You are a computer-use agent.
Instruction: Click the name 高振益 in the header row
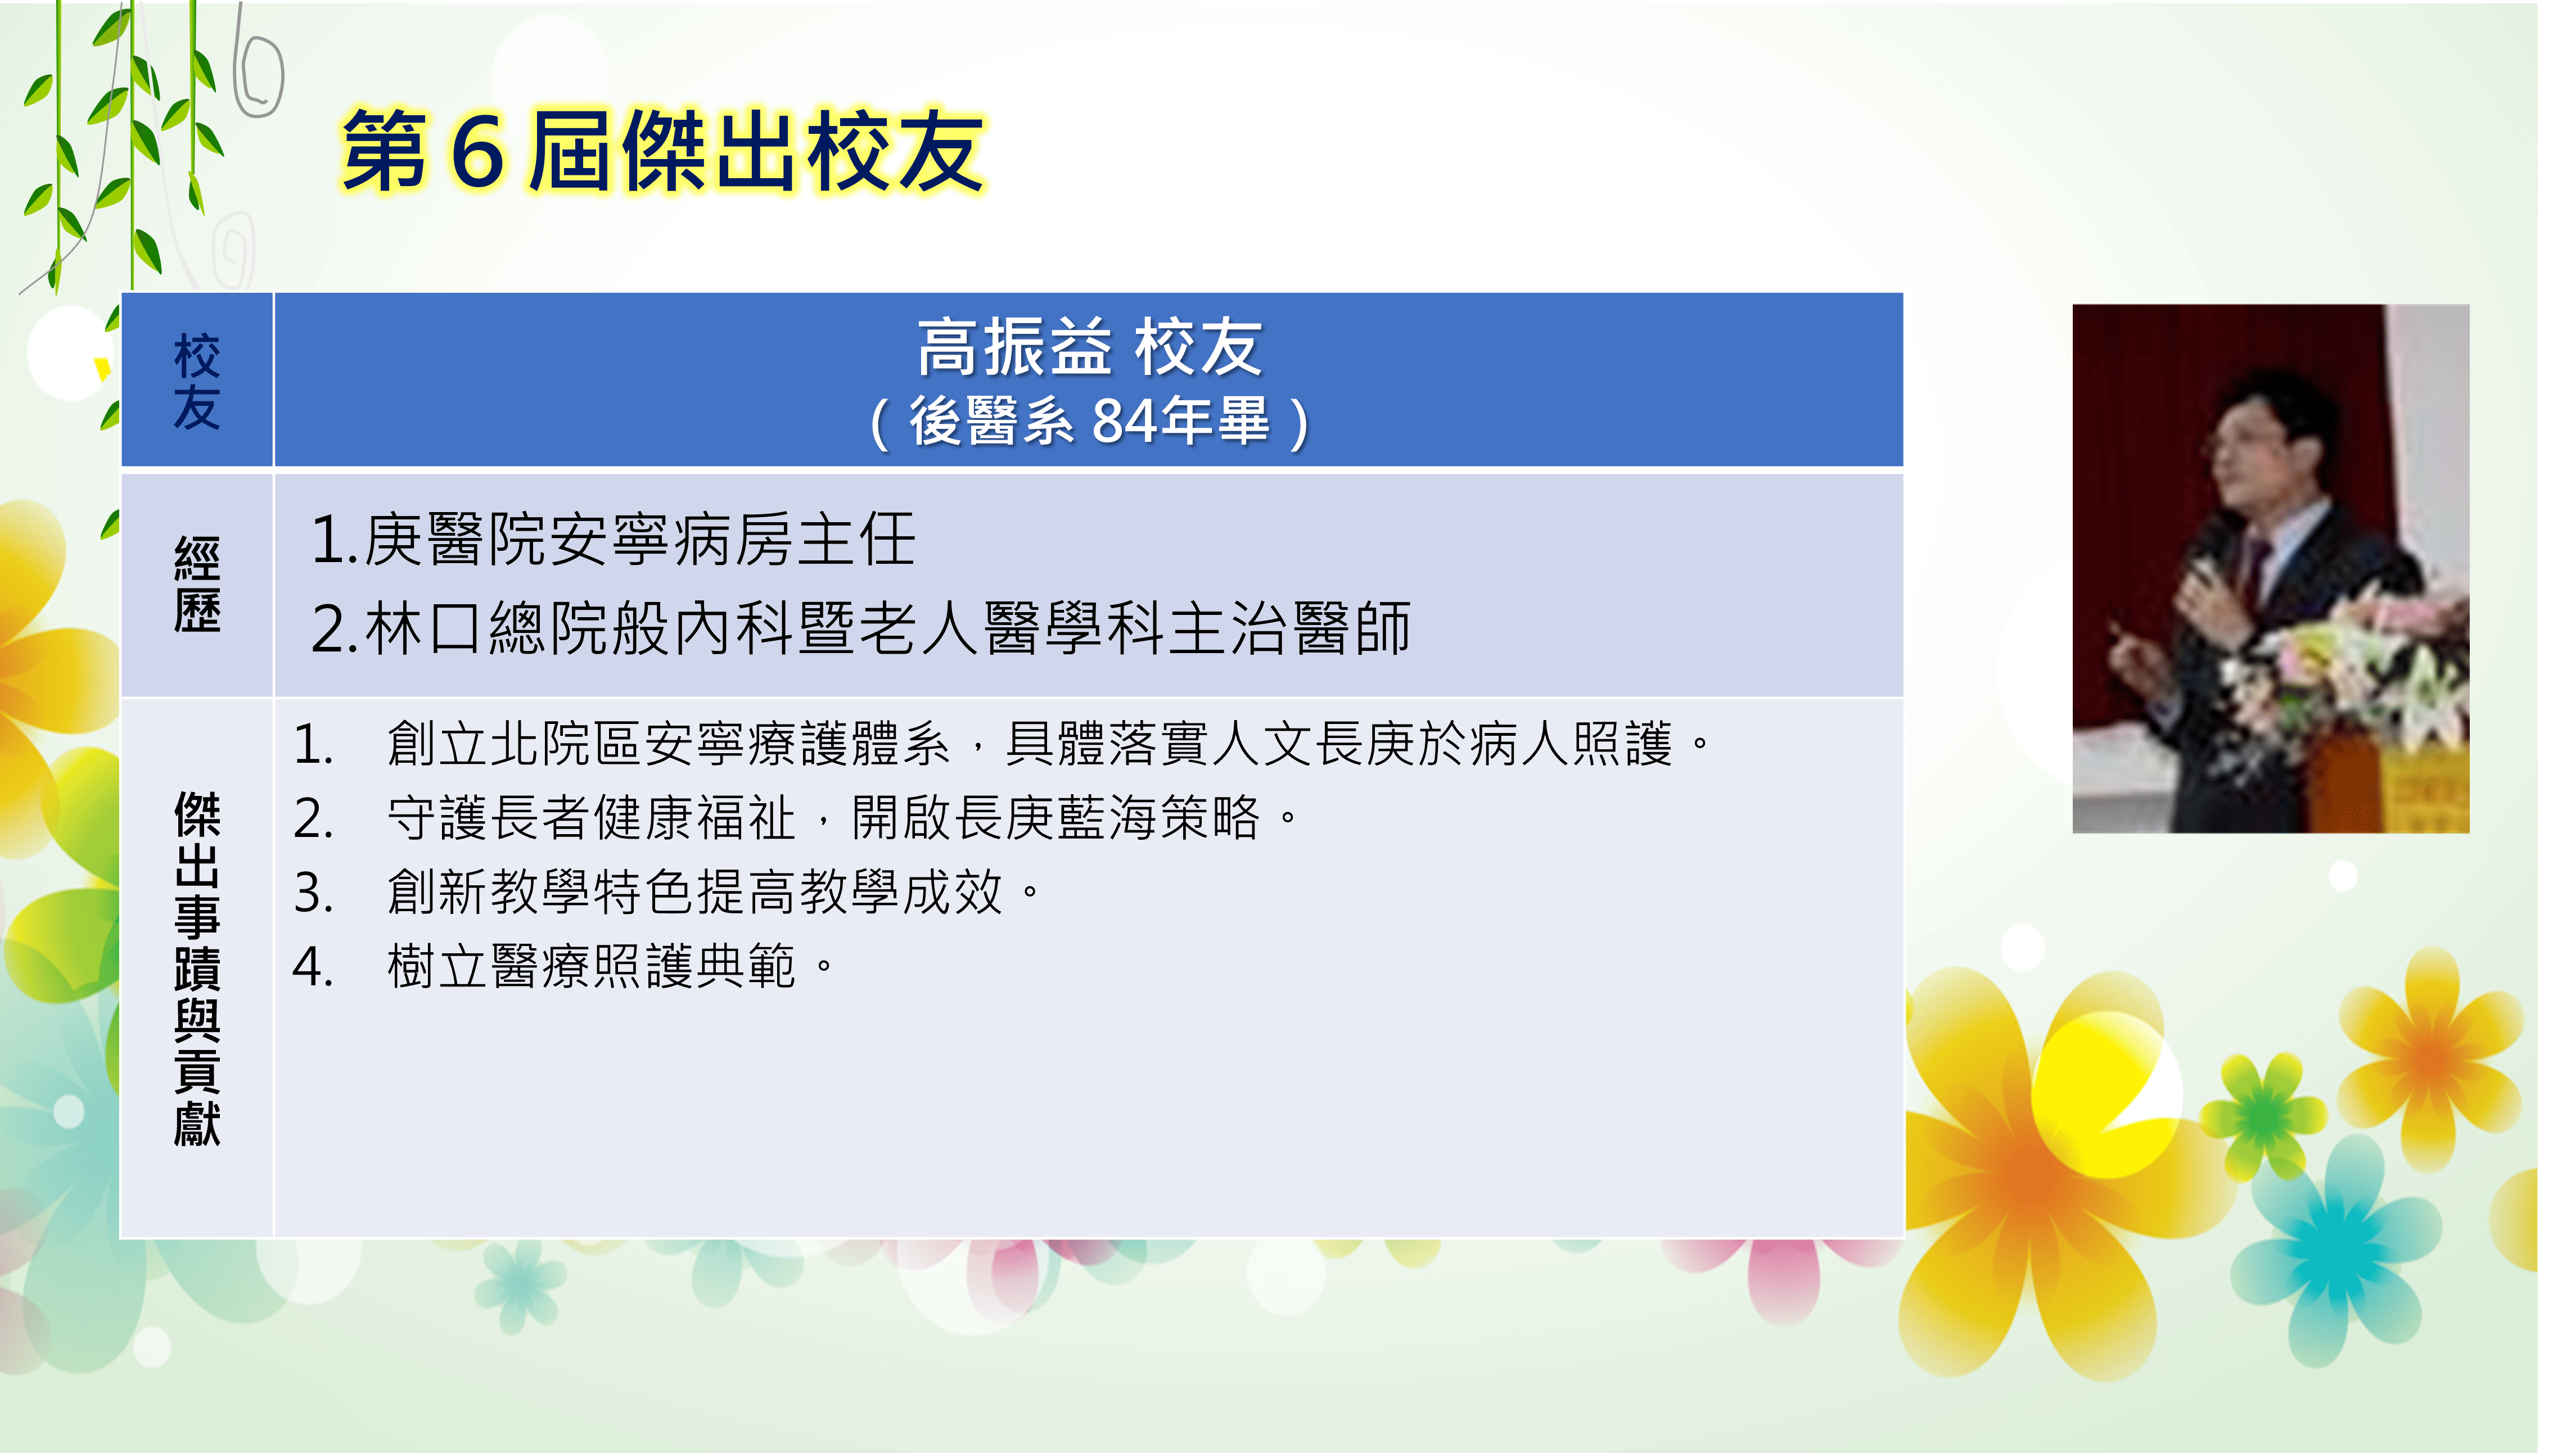pyautogui.click(x=1014, y=348)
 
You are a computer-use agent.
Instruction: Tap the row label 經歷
pyautogui.click(x=197, y=585)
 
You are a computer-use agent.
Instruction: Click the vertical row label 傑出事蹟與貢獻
pyautogui.click(x=197, y=968)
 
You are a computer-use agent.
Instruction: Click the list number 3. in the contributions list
pyautogui.click(x=313, y=892)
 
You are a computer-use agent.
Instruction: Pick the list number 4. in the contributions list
pyautogui.click(x=313, y=967)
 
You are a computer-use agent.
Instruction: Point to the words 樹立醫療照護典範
pyautogui.click(x=592, y=967)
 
